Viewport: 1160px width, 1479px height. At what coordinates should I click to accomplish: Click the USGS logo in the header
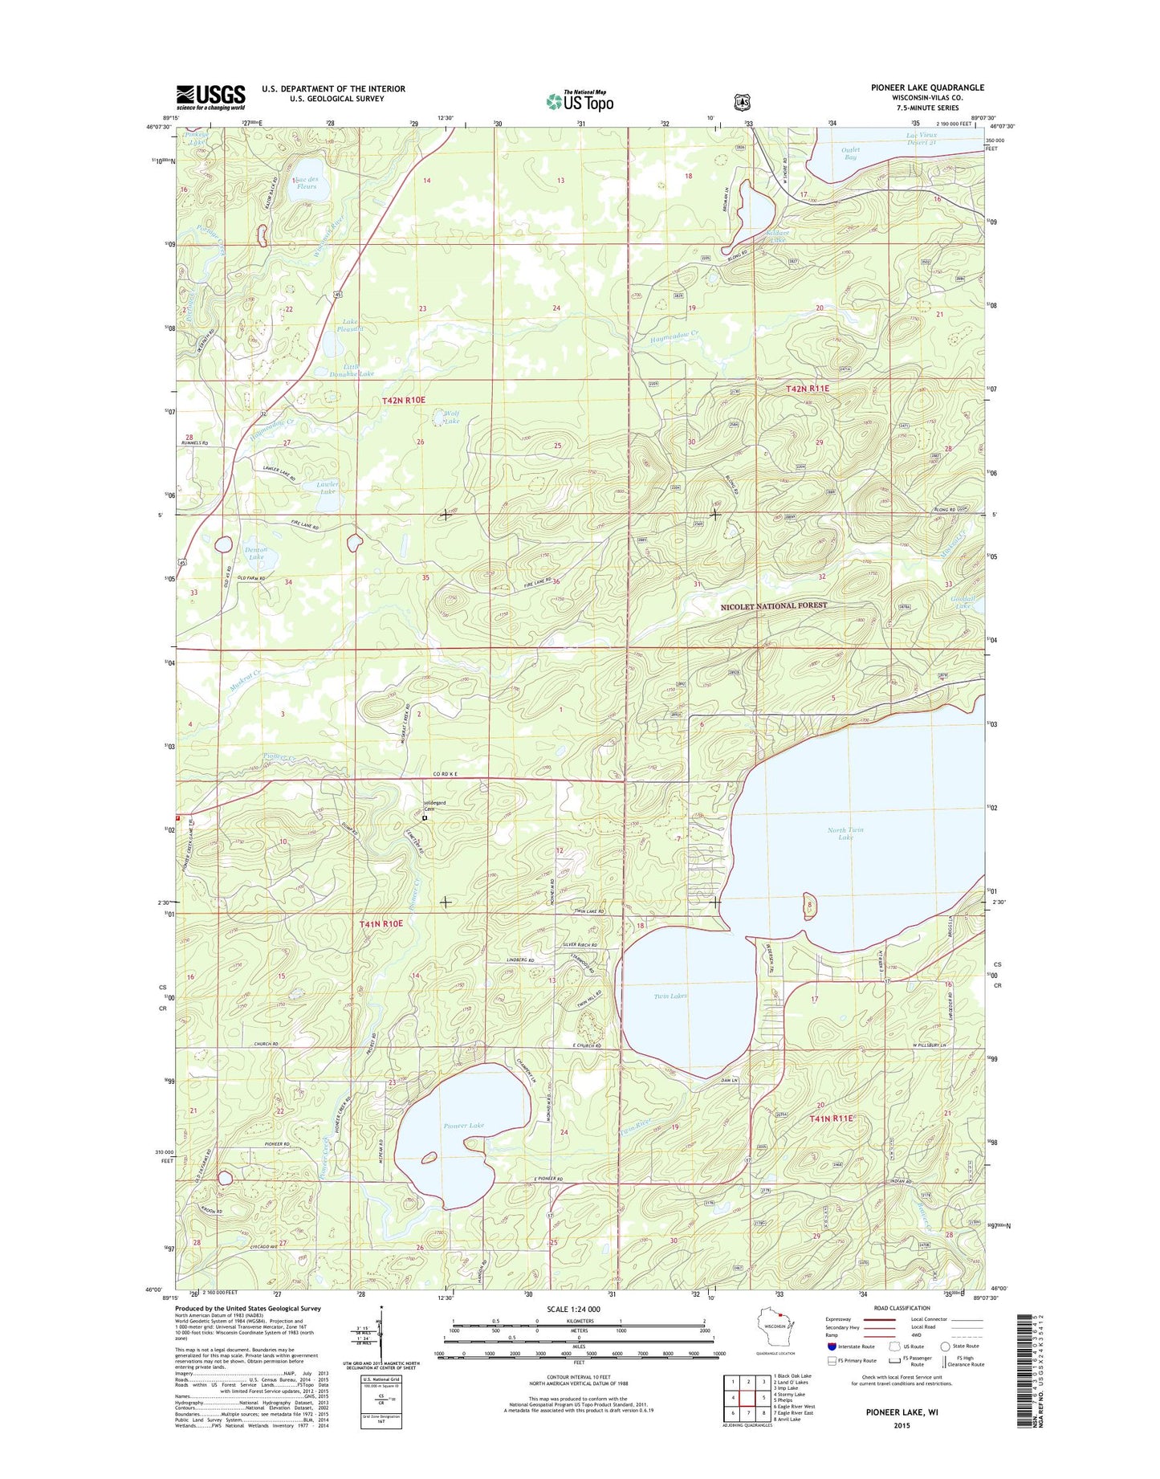pyautogui.click(x=211, y=97)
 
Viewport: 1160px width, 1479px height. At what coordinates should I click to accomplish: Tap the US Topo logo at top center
pyautogui.click(x=580, y=101)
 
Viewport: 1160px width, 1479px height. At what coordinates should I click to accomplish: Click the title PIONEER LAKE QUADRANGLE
pyautogui.click(x=927, y=88)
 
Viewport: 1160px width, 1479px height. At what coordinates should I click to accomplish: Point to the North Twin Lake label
pyautogui.click(x=845, y=833)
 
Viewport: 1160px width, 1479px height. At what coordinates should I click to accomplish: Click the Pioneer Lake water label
pyautogui.click(x=464, y=1126)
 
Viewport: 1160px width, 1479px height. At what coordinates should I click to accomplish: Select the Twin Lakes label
pyautogui.click(x=670, y=996)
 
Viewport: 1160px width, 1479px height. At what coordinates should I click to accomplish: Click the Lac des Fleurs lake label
pyautogui.click(x=304, y=182)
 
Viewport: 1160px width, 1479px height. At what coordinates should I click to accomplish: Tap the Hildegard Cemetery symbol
pyautogui.click(x=425, y=819)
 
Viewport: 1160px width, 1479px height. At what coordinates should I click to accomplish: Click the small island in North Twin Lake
pyautogui.click(x=809, y=907)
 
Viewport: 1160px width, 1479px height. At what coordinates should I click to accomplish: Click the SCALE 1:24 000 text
pyautogui.click(x=572, y=1309)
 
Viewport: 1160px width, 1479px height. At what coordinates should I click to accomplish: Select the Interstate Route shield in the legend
pyautogui.click(x=832, y=1347)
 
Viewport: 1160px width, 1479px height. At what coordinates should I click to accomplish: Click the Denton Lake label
pyautogui.click(x=255, y=553)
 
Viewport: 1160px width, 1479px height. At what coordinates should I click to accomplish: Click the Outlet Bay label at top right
pyautogui.click(x=850, y=153)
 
